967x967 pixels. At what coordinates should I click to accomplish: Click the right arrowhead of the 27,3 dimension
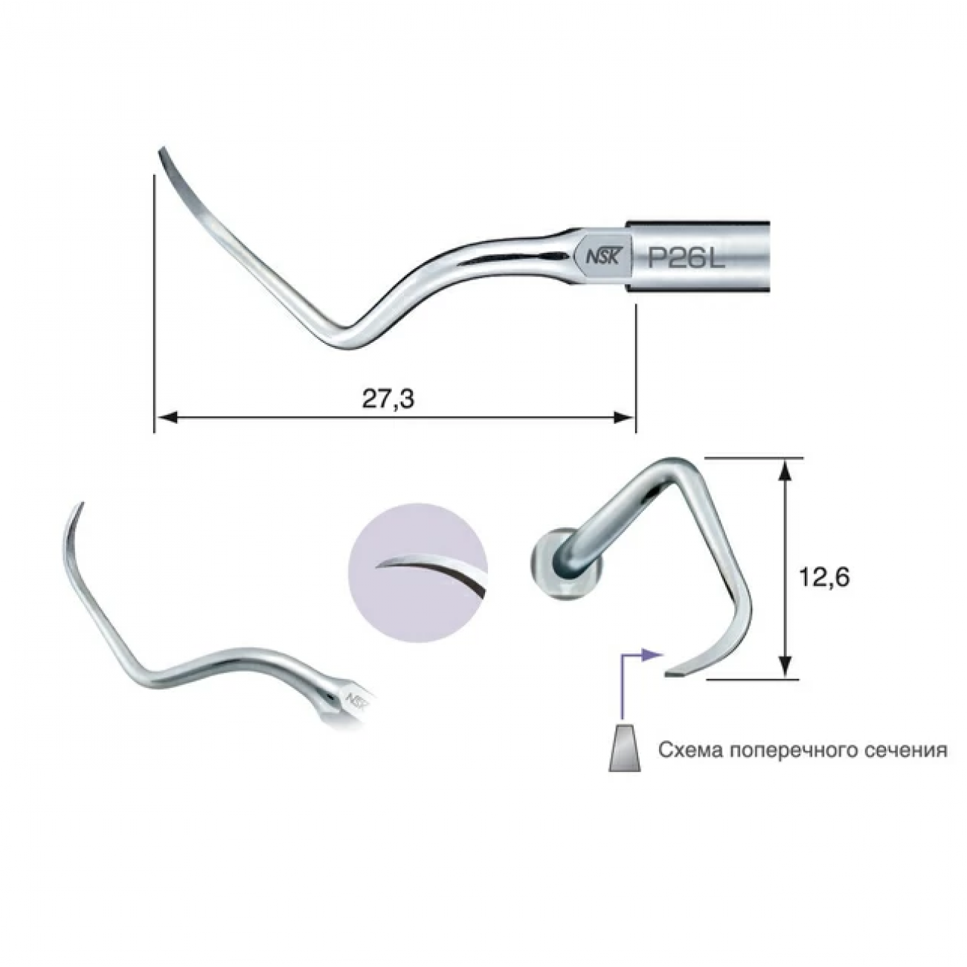[624, 417]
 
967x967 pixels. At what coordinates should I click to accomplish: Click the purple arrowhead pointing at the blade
[652, 655]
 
